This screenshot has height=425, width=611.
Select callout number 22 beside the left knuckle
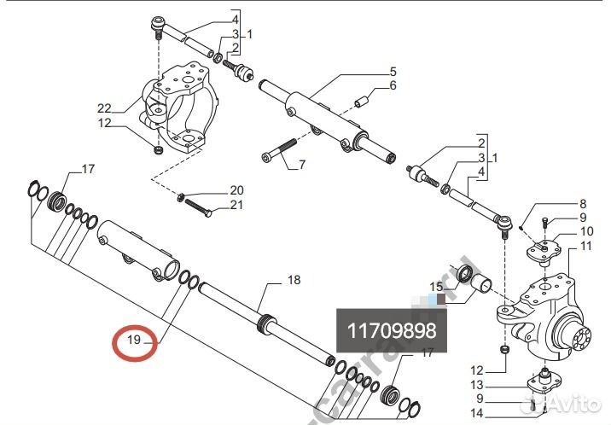[104, 108]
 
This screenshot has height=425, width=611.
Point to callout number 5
[394, 71]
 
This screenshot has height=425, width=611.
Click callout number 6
[393, 86]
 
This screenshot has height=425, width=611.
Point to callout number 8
[583, 204]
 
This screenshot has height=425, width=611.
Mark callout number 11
[585, 247]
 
